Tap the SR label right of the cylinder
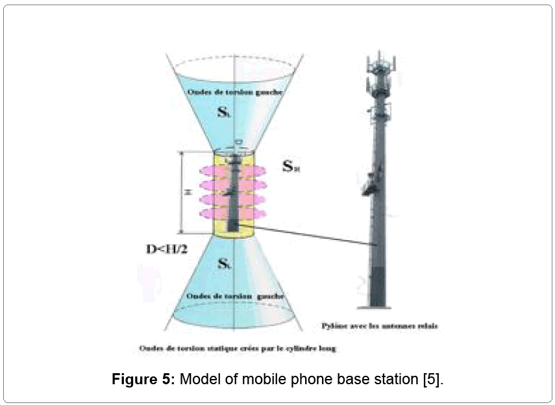click(x=291, y=166)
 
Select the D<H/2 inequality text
click(x=167, y=249)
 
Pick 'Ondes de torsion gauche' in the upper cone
click(x=234, y=92)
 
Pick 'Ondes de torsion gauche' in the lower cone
click(x=234, y=296)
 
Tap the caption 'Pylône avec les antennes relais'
click(x=380, y=325)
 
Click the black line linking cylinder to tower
click(x=312, y=235)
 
